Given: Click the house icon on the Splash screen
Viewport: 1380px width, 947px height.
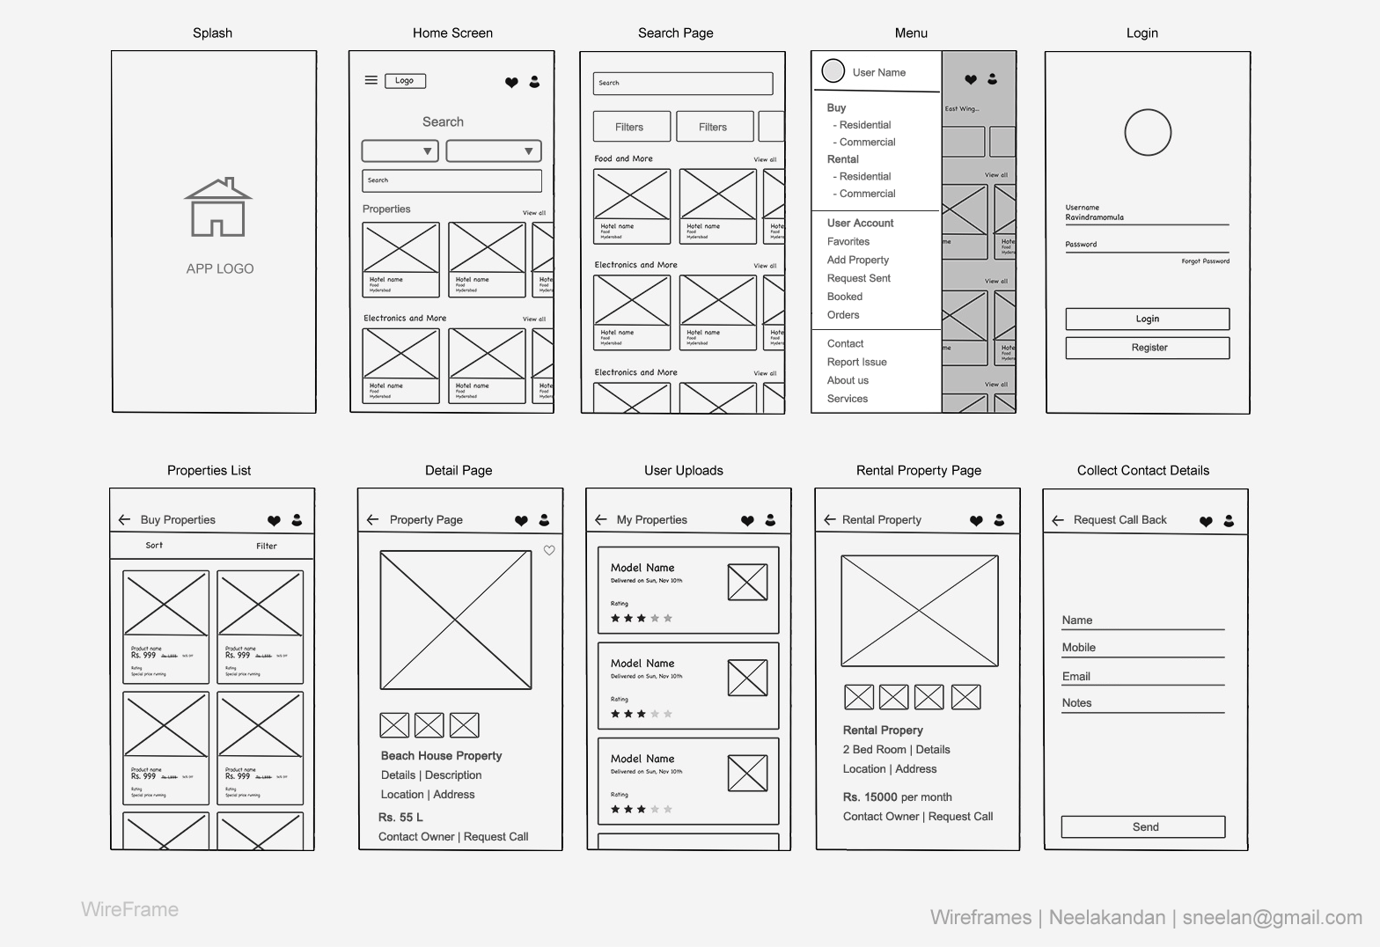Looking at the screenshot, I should tap(218, 208).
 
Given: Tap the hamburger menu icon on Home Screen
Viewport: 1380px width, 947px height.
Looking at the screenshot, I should tap(371, 80).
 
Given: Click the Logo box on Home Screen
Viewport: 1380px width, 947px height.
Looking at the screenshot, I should tap(405, 81).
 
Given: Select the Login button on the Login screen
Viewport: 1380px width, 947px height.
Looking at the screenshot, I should tap(1147, 319).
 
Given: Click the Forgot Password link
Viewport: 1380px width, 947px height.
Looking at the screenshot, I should tap(1205, 261).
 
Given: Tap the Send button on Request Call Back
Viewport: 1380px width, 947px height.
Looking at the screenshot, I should tap(1143, 826).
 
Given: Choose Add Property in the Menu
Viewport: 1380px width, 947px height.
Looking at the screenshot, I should tap(858, 260).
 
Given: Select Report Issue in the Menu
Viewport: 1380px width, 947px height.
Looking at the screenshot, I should tap(856, 362).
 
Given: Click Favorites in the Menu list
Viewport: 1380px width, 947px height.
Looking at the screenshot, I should tap(848, 241).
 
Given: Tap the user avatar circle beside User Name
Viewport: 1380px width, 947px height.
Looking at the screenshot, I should tap(833, 71).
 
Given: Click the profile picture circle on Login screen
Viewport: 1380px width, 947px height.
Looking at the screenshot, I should tap(1148, 133).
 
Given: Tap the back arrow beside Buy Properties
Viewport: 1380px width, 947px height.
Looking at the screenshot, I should tap(124, 520).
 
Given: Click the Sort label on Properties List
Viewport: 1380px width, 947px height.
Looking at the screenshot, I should tap(154, 546).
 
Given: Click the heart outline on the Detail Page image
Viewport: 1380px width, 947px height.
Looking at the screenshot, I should tap(549, 551).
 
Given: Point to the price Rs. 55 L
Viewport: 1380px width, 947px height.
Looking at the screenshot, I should tap(400, 818).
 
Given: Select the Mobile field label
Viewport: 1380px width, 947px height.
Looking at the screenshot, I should tap(1079, 648).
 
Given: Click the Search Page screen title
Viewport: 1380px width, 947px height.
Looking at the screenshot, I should tap(675, 33).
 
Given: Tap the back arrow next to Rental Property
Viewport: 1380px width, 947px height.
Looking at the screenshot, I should tap(829, 520).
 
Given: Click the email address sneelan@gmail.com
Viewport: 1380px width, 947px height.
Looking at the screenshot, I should tap(1272, 917).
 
